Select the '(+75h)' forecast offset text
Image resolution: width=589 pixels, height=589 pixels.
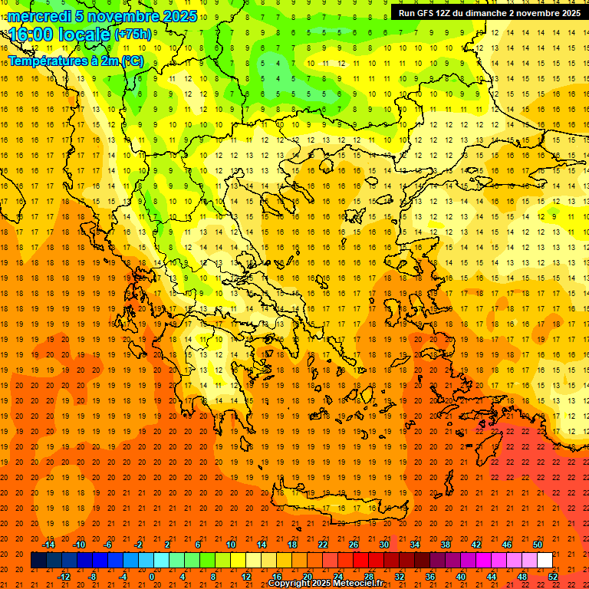133,35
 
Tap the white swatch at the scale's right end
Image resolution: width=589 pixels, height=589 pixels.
545,561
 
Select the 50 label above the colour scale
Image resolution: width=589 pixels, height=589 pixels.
538,545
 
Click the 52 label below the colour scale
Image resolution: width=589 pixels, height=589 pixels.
553,577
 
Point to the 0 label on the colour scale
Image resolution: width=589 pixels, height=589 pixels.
152,577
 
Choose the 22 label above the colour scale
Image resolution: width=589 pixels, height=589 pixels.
323,545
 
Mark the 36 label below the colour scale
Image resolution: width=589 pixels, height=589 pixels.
430,577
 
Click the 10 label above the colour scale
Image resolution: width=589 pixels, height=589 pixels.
231,545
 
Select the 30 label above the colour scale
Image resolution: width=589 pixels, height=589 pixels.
384,545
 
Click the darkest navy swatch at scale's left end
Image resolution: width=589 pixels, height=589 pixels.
38,561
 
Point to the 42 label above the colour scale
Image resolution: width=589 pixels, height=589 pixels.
476,545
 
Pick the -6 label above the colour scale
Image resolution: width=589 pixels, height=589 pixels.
109,545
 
